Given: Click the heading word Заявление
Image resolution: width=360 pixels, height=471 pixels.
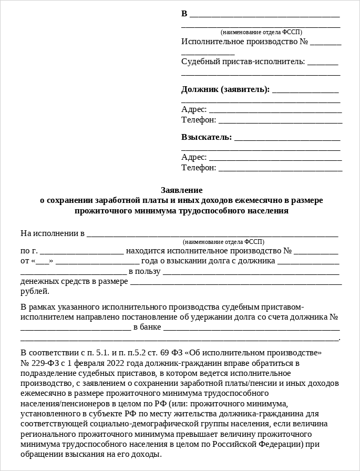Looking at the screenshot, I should click(181, 190).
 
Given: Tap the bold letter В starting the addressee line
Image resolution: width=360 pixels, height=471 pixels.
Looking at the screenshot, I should click(184, 14).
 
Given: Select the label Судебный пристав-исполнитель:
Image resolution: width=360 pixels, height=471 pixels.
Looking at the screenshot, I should click(243, 62).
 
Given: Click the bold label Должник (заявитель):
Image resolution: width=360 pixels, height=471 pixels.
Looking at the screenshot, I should click(225, 89).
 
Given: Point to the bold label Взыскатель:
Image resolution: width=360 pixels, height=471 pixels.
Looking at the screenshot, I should click(207, 137).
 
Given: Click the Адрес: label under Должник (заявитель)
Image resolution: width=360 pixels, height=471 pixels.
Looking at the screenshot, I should click(194, 109).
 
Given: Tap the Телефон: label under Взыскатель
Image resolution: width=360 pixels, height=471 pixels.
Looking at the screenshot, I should click(199, 167).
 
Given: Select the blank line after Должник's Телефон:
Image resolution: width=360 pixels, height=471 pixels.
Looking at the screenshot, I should click(280, 121).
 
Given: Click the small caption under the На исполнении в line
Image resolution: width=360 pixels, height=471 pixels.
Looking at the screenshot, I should click(223, 242).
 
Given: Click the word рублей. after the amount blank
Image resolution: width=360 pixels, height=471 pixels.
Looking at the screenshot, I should click(35, 291).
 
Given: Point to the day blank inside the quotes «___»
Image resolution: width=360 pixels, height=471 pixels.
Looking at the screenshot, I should click(44, 261).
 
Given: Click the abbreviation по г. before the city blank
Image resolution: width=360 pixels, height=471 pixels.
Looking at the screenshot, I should click(28, 251).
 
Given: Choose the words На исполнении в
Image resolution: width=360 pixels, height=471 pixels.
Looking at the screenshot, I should click(52, 233).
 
